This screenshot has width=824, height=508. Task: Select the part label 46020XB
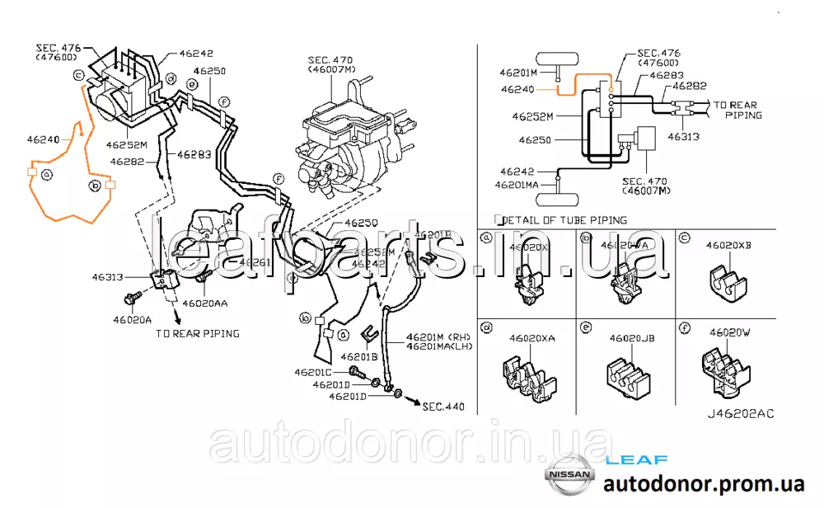pyautogui.click(x=728, y=245)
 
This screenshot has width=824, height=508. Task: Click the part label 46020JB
pyautogui.click(x=631, y=338)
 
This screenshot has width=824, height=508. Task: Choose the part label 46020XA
pyautogui.click(x=531, y=338)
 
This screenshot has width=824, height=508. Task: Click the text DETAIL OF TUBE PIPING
pyautogui.click(x=564, y=220)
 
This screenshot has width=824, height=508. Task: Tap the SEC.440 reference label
pyautogui.click(x=443, y=407)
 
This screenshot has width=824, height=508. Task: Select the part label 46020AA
pyautogui.click(x=204, y=303)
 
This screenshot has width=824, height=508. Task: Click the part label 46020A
pyautogui.click(x=132, y=319)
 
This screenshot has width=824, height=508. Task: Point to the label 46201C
pyautogui.click(x=313, y=373)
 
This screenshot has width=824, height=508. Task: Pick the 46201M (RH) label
pyautogui.click(x=436, y=338)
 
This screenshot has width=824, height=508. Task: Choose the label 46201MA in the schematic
pyautogui.click(x=517, y=186)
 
